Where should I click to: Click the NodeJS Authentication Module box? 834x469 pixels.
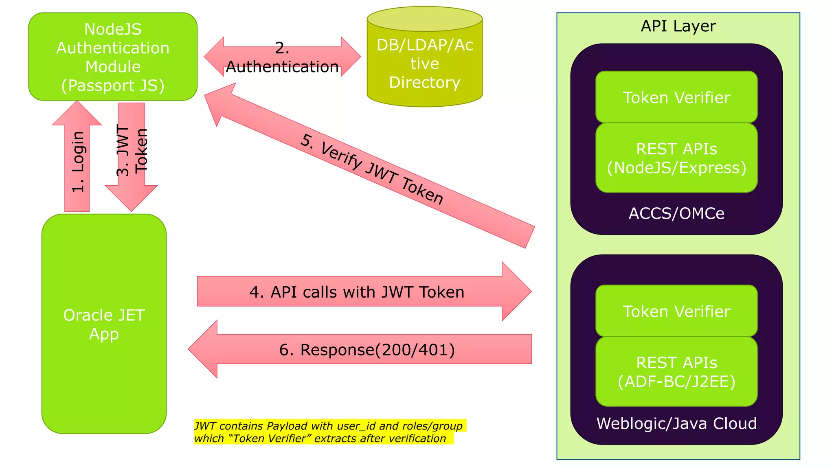(x=113, y=57)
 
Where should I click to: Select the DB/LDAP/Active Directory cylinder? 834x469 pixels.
(x=424, y=64)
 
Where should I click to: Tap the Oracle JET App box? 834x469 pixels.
(x=104, y=324)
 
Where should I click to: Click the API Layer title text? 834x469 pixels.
(x=678, y=26)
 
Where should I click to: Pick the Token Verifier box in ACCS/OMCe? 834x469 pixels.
(x=676, y=97)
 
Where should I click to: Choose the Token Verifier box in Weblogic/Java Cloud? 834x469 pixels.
(x=676, y=311)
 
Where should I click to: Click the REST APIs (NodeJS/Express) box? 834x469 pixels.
(x=676, y=158)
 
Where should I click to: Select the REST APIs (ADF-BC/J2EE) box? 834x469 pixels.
(x=676, y=372)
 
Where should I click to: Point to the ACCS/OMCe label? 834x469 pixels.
(x=676, y=213)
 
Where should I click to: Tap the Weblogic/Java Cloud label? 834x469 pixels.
(x=676, y=423)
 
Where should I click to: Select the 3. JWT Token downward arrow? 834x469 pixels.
(x=131, y=163)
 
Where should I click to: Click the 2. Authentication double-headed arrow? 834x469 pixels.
(x=282, y=57)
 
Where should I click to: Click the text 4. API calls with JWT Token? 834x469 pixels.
(x=357, y=292)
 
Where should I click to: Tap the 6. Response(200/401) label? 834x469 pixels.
(x=367, y=350)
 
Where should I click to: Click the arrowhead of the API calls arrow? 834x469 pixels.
(x=516, y=291)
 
